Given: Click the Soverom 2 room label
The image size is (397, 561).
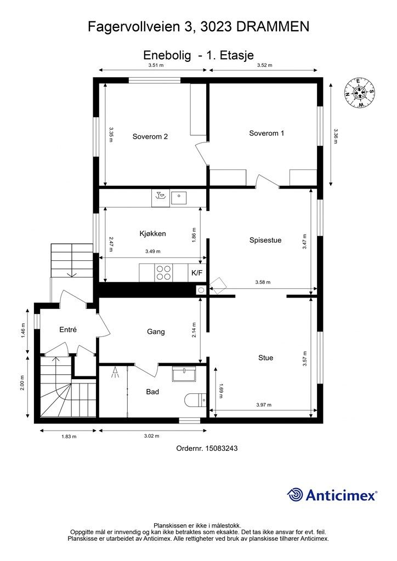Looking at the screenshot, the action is click(x=150, y=136).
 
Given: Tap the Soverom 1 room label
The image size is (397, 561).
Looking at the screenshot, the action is click(x=266, y=133).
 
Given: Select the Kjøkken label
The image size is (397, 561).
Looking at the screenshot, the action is click(x=152, y=233).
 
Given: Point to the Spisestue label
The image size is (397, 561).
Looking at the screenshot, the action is click(x=265, y=240).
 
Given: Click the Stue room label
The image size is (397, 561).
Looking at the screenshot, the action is click(x=265, y=357).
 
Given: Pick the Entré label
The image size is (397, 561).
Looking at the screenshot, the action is click(x=68, y=329).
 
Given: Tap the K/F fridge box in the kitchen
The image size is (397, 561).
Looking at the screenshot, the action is click(x=197, y=273).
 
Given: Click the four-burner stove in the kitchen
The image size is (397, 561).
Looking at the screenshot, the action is click(x=164, y=273).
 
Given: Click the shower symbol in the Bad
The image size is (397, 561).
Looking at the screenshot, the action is click(x=115, y=373).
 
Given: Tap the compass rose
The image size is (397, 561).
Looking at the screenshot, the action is click(x=360, y=93).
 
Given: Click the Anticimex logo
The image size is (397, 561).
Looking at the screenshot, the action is click(x=332, y=495).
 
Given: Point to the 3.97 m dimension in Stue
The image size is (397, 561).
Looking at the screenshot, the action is click(x=264, y=405).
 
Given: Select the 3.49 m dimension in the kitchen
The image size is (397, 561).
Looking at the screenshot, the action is click(x=153, y=251).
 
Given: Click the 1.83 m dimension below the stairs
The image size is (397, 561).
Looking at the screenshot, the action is click(x=69, y=436).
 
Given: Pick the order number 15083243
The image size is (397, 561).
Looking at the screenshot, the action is click(x=221, y=448).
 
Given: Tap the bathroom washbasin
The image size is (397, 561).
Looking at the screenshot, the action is click(x=184, y=374).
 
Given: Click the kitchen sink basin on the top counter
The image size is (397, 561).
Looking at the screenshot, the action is click(x=179, y=197).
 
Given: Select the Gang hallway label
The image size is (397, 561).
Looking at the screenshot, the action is click(x=156, y=331).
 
